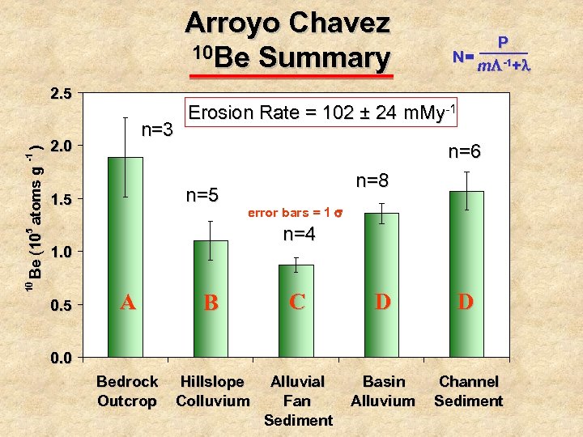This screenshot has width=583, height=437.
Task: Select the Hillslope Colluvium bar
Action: tap(211, 299)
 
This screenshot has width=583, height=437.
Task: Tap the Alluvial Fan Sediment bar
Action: tap(296, 311)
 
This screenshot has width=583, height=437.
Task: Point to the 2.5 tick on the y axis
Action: tap(62, 93)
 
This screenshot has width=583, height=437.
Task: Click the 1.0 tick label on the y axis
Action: tap(62, 252)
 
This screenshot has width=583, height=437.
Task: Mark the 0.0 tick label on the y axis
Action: tap(62, 358)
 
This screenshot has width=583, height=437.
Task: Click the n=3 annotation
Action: tap(157, 129)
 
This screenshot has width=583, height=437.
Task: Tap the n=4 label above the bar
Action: tap(299, 235)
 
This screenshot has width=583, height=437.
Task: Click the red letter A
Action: tap(127, 303)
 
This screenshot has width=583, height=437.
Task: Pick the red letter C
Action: tap(297, 302)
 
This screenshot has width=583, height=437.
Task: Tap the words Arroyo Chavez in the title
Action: tap(287, 23)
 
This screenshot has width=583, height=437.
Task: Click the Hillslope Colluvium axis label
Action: tap(212, 391)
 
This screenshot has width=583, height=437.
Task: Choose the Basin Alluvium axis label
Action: tap(383, 391)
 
